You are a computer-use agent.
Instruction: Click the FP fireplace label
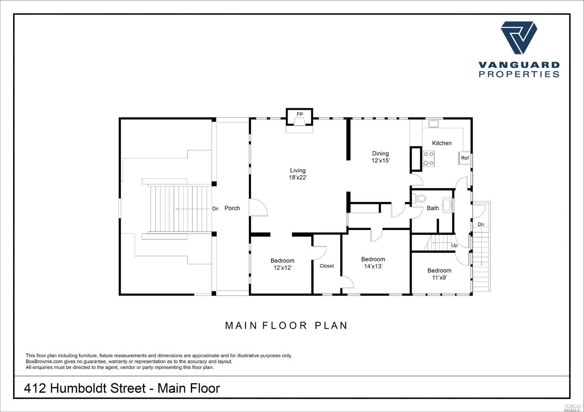(299, 114)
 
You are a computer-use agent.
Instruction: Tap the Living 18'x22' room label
(298, 174)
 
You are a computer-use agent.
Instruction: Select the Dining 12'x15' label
(380, 157)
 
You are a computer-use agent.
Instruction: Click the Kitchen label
(442, 143)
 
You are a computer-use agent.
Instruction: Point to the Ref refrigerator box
(464, 158)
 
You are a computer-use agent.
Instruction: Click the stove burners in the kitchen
(428, 159)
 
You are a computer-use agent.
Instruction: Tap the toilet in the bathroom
(419, 198)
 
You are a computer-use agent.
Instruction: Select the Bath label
(433, 208)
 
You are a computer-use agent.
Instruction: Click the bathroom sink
(447, 205)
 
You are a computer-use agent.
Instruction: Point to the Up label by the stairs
(454, 245)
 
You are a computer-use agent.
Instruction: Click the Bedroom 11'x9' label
(439, 274)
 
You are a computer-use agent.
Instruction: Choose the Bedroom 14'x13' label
(373, 263)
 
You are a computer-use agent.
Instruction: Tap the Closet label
(327, 266)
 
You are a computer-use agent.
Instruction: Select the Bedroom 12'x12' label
(282, 264)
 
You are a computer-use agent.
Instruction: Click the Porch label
(232, 208)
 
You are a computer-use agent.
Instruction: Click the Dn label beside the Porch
(215, 209)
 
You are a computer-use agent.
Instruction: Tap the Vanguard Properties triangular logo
(519, 38)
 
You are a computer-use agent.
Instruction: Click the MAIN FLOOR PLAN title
(286, 326)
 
